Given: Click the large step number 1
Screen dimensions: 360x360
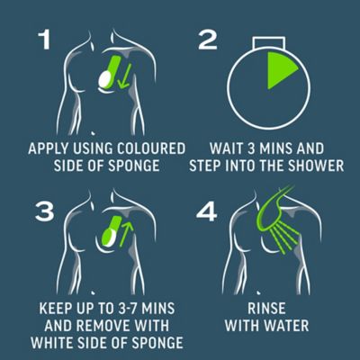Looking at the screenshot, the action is pos(45,40).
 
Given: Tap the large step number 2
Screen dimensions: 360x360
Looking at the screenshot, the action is pos(208,40).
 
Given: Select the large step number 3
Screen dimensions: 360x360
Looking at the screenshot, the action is pos(45,211).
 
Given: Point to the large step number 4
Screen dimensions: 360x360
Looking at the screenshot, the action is pos(206,211).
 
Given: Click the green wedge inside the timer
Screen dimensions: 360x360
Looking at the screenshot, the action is pos(279,69).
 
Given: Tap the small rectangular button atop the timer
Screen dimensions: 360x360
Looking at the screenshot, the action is pos(268,42).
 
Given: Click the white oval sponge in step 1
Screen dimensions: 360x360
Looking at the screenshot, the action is pos(104,78).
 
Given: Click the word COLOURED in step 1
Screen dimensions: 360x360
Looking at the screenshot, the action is pos(151,148).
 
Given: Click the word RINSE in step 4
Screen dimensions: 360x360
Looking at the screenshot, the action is pos(266,309).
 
